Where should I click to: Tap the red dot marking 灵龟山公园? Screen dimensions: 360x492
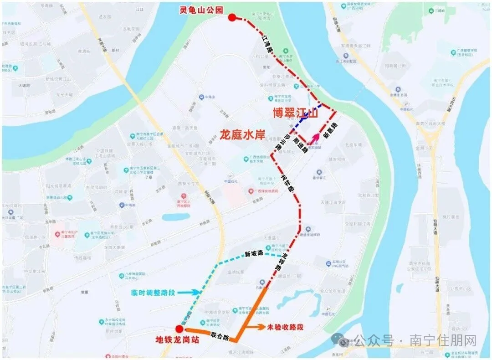[232, 18]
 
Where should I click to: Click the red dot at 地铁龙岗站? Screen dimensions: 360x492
[179, 329]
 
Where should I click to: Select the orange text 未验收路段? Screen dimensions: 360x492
[285, 327]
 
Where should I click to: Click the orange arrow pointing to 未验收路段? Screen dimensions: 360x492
[257, 327]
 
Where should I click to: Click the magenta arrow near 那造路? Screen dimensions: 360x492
[314, 139]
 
